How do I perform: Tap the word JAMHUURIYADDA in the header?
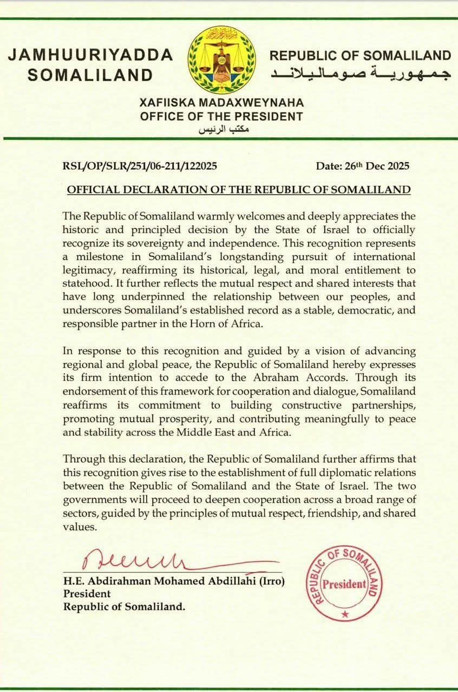(90, 55)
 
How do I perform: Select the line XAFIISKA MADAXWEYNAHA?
(221, 103)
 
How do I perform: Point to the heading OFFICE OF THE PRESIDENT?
(221, 116)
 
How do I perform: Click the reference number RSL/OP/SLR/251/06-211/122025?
(140, 166)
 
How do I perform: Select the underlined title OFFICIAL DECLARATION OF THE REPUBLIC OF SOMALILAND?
(238, 190)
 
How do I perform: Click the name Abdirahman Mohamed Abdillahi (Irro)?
(174, 582)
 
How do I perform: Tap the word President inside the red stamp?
(344, 584)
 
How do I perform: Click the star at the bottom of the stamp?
(345, 615)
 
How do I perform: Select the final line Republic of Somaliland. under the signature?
(125, 607)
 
